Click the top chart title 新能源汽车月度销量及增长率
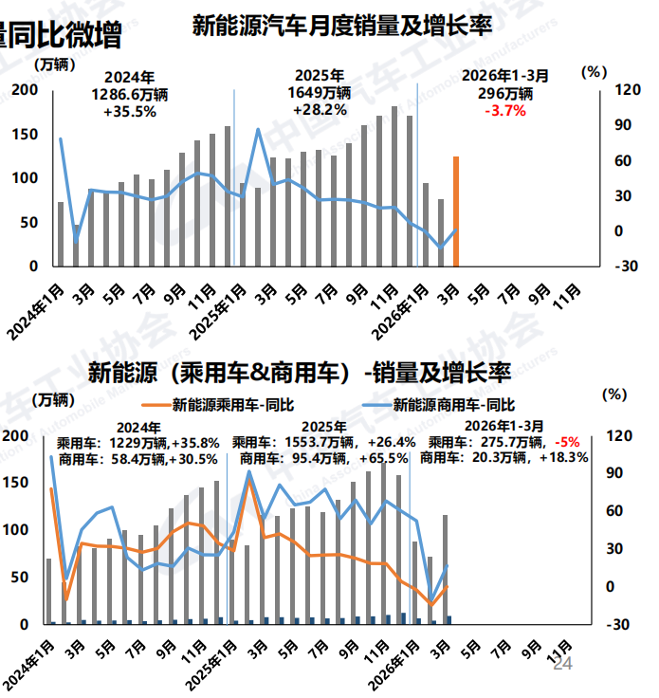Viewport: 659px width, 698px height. coord(341,26)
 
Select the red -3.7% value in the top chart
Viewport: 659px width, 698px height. coord(504,110)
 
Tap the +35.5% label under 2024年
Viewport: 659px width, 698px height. coord(129,110)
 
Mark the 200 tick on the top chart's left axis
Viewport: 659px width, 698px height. coord(25,90)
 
